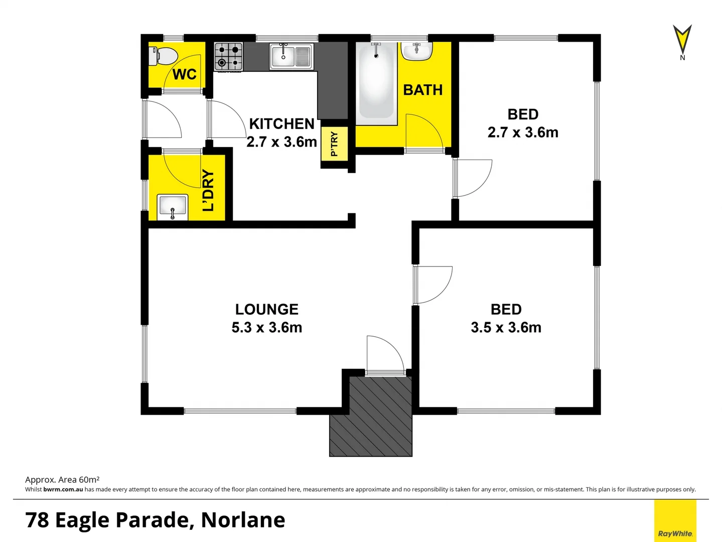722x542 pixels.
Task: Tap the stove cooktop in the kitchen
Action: coord(229,57)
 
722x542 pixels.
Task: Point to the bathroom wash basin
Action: coord(416,51)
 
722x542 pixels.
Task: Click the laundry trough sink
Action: coord(173,207)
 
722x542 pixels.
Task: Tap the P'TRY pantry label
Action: coord(334,144)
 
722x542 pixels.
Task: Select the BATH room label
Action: coord(423,90)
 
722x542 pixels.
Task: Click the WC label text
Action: coord(184,74)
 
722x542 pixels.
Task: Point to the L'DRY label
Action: coord(208,191)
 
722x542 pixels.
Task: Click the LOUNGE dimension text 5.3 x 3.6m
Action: coord(267,328)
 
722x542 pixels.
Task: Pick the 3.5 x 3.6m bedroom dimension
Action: coord(506,328)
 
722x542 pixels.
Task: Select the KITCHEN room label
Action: coord(281,123)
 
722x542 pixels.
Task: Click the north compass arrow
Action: coord(682,40)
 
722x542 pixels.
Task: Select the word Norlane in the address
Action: coord(243,520)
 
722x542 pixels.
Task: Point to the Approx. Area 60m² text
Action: coord(62,480)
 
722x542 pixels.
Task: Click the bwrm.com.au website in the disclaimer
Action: coord(63,489)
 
